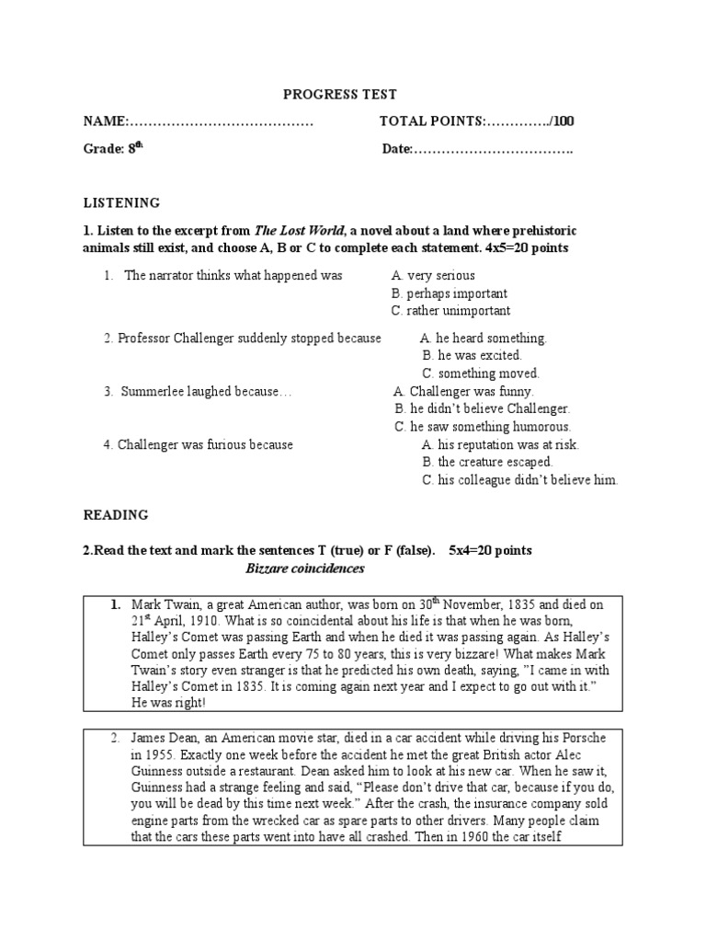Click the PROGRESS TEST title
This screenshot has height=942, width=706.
click(339, 95)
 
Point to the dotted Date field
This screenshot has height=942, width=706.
click(494, 149)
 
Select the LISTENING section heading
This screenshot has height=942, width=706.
click(121, 202)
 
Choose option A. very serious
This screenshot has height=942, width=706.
click(433, 275)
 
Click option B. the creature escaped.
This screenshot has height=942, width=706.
click(487, 462)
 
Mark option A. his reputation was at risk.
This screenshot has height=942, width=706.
click(500, 444)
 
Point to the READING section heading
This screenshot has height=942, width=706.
click(116, 515)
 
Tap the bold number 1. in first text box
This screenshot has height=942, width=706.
click(116, 605)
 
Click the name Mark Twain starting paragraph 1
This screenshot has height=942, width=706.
click(164, 605)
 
